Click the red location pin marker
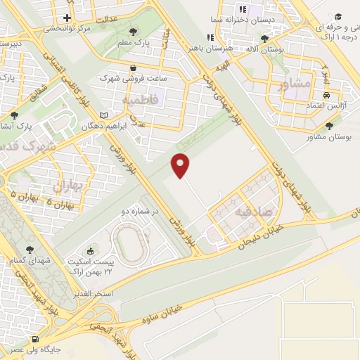pos(181,165)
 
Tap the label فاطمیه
pos(141,101)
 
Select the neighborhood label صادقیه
pos(251,211)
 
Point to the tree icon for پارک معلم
pos(134,31)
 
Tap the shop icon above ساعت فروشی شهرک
pos(132,68)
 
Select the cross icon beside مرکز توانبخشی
pos(67,18)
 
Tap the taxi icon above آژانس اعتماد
pos(326,94)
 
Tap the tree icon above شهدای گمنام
pos(30,249)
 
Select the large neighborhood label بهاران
pos(68,186)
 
